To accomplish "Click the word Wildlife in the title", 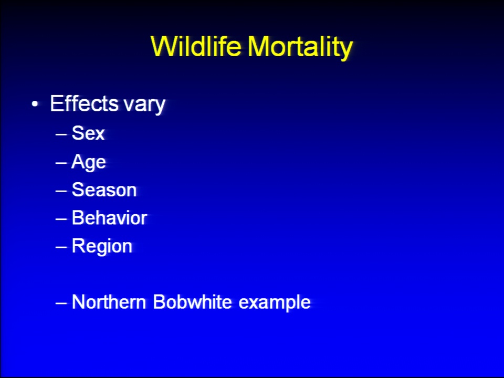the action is [196, 46].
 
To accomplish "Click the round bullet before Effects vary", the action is [35, 104].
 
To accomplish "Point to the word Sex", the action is [88, 133].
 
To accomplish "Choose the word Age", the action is [88, 162].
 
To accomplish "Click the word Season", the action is [104, 190].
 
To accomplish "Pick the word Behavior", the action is [109, 218].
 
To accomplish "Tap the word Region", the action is [102, 247].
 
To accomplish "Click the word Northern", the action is [109, 302].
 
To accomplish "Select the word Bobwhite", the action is [192, 302].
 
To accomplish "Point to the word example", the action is [275, 303].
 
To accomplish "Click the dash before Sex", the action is [61, 134].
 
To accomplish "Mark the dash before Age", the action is [61, 163].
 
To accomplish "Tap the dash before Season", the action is [61, 191].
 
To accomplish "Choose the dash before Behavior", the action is [61, 219].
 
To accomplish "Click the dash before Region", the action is [61, 247].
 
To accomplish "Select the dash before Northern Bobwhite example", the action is [61, 303].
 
